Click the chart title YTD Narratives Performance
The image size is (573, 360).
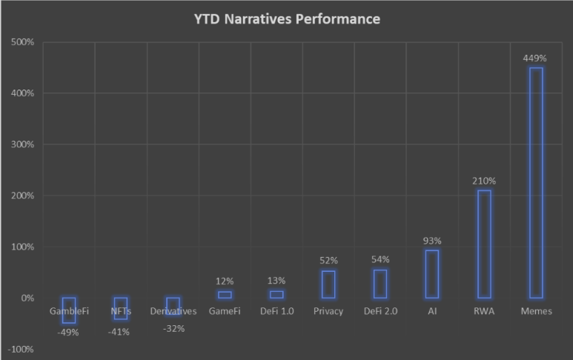[x=286, y=19]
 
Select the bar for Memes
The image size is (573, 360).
[x=536, y=182]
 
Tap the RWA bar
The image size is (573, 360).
[x=484, y=244]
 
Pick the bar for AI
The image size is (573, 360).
[x=432, y=273]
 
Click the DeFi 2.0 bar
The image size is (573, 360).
[x=380, y=284]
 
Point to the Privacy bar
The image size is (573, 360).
[x=328, y=284]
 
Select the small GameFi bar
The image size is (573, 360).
[x=225, y=294]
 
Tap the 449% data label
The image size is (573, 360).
[x=536, y=57]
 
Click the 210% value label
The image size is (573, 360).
[x=484, y=180]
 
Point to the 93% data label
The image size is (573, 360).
[x=432, y=241]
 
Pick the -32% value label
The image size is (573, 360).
[x=173, y=328]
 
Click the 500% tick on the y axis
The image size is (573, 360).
[x=23, y=42]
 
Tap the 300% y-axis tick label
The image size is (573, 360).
[x=23, y=144]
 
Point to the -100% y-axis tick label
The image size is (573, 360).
[x=21, y=349]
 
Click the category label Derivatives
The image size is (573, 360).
[x=173, y=311]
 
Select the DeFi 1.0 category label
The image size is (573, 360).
[x=276, y=311]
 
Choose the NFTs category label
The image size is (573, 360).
[x=121, y=311]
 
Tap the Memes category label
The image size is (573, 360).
[x=536, y=311]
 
